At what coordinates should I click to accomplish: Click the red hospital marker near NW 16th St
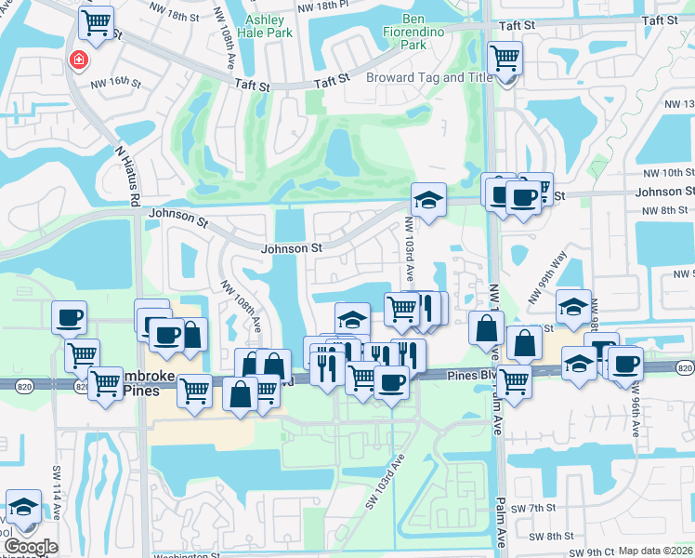pos(79,60)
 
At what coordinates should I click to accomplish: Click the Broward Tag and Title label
pos(429,77)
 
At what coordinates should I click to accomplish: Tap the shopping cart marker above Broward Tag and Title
pos(505,60)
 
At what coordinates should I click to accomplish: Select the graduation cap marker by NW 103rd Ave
pos(429,199)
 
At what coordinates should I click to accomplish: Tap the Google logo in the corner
pos(30,548)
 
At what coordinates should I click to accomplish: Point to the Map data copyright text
pos(655,551)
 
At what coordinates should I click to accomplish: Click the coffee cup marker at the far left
pos(70,318)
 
